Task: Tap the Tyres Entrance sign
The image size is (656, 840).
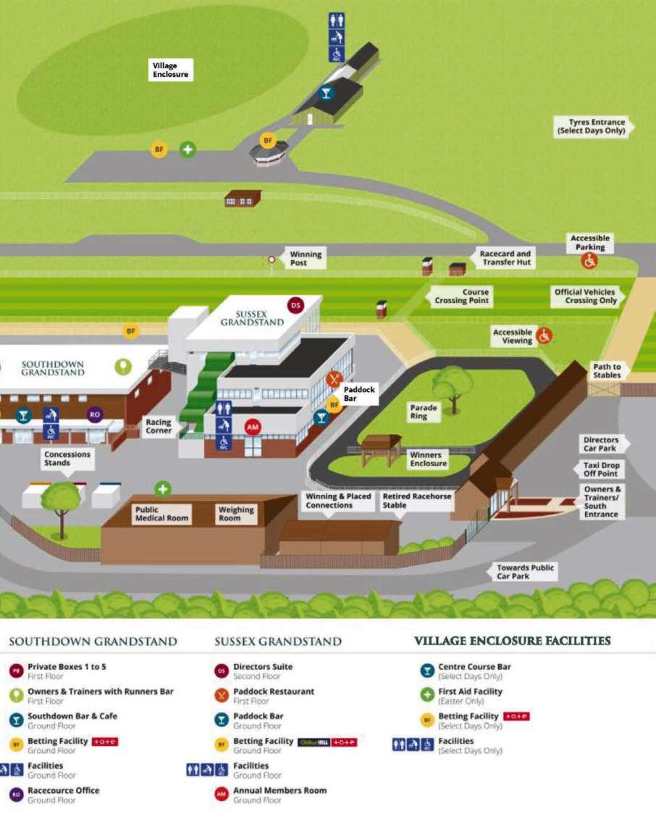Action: (591, 127)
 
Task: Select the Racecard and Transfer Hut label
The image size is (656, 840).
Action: (505, 258)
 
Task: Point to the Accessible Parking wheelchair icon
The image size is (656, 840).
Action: (590, 262)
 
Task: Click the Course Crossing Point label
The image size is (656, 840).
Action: (462, 296)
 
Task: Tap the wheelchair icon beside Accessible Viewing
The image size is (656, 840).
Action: (544, 336)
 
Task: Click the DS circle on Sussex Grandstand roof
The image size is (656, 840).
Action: (295, 306)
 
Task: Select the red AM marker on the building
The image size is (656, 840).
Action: (252, 427)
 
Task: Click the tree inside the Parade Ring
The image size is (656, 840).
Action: (453, 386)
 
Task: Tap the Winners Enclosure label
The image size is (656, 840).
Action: (429, 459)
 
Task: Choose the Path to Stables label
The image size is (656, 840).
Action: (606, 371)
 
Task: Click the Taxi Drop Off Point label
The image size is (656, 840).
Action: (601, 469)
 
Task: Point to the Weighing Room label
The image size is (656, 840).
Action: (236, 514)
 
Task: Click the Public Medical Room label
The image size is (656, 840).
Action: (161, 514)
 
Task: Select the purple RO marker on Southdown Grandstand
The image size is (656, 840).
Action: (94, 415)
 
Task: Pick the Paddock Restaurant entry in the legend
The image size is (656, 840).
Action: (273, 691)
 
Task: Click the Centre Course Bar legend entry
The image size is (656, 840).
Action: (474, 667)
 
